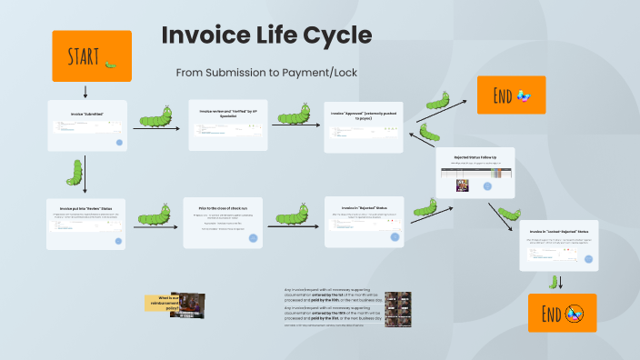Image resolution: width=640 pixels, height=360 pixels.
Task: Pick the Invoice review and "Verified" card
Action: point(228,125)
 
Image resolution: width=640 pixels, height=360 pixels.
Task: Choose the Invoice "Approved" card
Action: point(363,125)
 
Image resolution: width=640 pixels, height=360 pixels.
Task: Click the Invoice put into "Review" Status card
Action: point(86,223)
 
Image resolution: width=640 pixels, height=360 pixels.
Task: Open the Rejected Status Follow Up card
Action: point(475,173)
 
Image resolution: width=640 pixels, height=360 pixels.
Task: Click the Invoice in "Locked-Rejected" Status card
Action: point(559,245)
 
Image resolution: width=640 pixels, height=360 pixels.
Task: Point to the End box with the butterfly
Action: point(511,95)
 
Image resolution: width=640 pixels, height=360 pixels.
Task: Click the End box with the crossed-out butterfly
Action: point(562,312)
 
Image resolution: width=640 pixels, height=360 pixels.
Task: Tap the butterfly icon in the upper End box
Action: point(524,95)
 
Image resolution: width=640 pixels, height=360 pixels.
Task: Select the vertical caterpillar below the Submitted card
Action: point(76,172)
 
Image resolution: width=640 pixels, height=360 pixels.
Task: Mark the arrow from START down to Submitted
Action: point(85,91)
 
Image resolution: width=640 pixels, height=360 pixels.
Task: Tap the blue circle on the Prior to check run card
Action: point(253,238)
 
